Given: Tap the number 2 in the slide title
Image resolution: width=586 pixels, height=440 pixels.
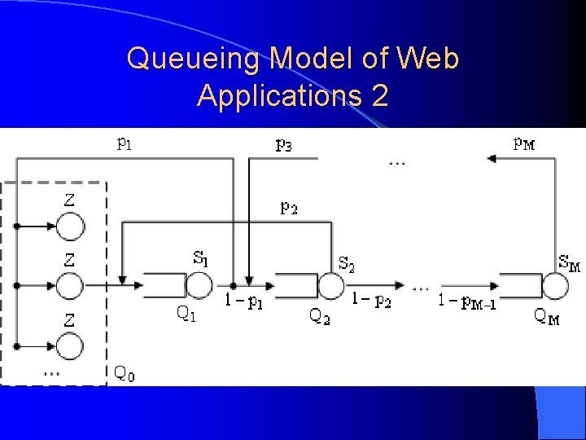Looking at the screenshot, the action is pyautogui.click(x=378, y=96).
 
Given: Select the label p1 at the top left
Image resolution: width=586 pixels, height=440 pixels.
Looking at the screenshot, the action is pyautogui.click(x=125, y=145).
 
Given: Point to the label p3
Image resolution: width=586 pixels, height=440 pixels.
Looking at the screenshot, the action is pyautogui.click(x=284, y=145).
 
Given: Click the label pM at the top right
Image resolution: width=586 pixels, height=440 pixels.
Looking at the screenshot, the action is pyautogui.click(x=525, y=144).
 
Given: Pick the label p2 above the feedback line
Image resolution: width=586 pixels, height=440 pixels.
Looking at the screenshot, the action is pyautogui.click(x=289, y=207).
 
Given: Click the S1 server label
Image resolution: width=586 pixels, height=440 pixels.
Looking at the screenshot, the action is pyautogui.click(x=200, y=258).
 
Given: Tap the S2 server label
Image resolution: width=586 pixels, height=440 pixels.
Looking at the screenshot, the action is pyautogui.click(x=346, y=263).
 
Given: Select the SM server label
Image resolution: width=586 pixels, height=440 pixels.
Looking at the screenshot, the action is pyautogui.click(x=569, y=263).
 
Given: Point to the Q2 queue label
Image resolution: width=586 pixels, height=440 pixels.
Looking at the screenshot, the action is pyautogui.click(x=320, y=316).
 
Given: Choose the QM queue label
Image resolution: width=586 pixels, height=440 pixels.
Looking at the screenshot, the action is pyautogui.click(x=546, y=316).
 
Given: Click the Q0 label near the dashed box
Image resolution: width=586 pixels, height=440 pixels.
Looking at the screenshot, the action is pyautogui.click(x=125, y=373).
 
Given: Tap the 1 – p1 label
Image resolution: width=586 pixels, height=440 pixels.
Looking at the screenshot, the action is pyautogui.click(x=243, y=301).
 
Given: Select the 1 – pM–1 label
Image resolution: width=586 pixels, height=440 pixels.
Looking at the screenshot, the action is pyautogui.click(x=467, y=301).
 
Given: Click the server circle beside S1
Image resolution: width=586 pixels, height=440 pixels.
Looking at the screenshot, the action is pyautogui.click(x=198, y=285).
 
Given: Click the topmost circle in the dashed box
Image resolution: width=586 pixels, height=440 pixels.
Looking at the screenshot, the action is pyautogui.click(x=70, y=227).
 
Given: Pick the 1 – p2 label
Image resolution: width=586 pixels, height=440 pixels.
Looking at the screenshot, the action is pyautogui.click(x=372, y=301).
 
